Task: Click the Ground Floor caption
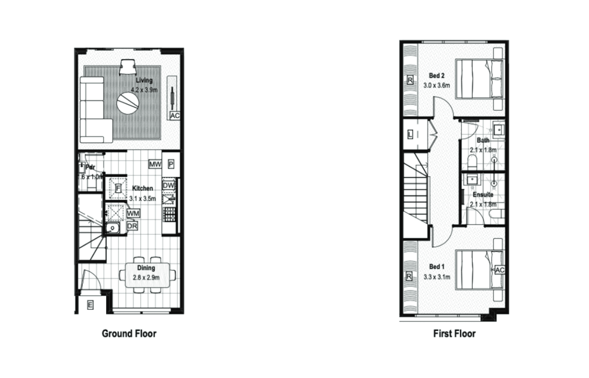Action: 129,334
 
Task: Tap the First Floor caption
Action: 454,334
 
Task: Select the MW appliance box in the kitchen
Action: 155,164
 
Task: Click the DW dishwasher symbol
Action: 169,186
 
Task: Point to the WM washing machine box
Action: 133,214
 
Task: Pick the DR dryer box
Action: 132,226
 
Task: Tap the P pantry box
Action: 171,164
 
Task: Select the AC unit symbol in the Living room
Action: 175,116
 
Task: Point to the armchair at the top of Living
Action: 127,67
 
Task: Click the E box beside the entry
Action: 90,305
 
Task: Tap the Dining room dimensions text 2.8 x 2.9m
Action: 146,278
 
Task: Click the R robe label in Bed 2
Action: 409,80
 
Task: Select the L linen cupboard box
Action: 410,134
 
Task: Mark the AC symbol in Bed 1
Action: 499,270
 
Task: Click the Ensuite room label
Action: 483,195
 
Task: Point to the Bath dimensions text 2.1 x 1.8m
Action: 483,150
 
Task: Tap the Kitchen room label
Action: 142,188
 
